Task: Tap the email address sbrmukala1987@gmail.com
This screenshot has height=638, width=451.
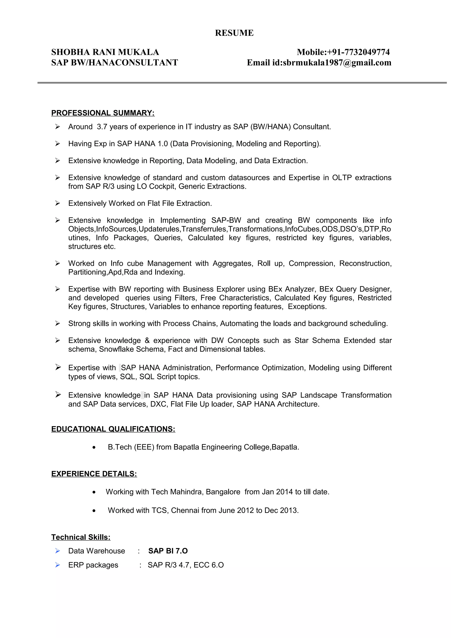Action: click(337, 63)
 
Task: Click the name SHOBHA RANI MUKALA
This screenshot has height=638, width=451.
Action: click(105, 52)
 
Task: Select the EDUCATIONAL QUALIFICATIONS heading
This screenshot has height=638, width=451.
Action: click(113, 429)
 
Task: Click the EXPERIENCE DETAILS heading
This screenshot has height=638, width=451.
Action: click(94, 474)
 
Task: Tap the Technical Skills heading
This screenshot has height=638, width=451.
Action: click(81, 537)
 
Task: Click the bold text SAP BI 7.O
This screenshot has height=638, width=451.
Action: click(168, 551)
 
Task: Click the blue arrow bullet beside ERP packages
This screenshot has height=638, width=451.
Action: click(57, 565)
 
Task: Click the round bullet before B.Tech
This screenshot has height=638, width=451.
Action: click(94, 447)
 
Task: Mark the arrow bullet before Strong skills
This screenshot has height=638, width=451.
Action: click(57, 323)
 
